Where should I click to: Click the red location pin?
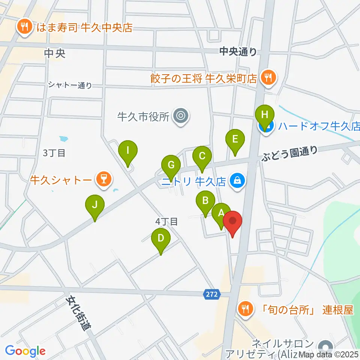[x=232, y=221]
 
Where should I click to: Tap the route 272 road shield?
[x=211, y=294]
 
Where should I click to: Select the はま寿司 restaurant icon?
[x=25, y=27]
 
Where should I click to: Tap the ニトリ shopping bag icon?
[x=237, y=181]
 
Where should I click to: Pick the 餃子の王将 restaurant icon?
[x=268, y=78]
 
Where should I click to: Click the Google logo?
[x=25, y=351]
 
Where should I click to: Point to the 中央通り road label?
[x=238, y=51]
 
